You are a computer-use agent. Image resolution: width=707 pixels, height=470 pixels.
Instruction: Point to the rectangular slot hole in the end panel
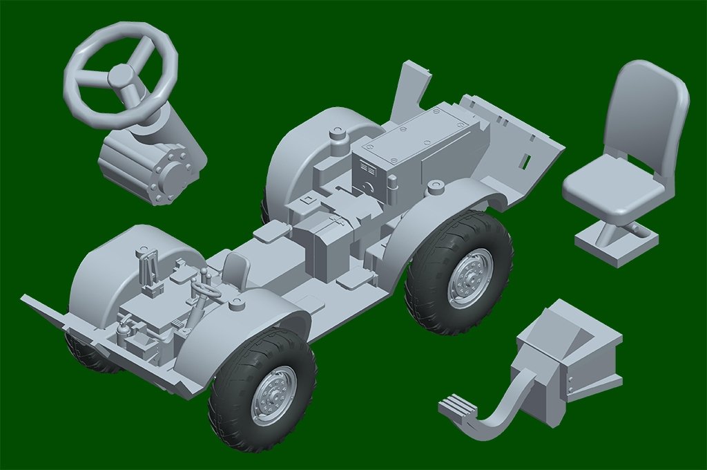click(525, 162)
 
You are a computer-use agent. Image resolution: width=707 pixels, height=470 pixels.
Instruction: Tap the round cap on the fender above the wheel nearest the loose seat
click(435, 187)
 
